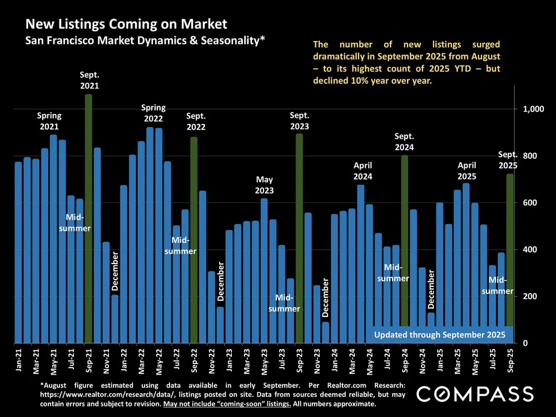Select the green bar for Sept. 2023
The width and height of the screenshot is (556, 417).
point(299,239)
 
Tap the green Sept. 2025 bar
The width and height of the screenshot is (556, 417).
point(510,250)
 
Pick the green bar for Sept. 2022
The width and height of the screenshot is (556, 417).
point(193,239)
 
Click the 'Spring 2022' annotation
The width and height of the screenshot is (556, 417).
point(153,113)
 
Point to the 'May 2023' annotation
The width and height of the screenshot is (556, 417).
point(265,185)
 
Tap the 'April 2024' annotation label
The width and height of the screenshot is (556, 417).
point(362,171)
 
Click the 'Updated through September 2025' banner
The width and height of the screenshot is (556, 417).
point(439,334)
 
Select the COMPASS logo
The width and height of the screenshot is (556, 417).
point(475,393)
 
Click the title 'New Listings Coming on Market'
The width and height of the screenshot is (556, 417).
point(127,24)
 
